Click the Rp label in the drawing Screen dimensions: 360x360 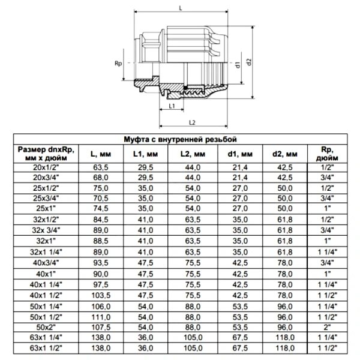point(118,63)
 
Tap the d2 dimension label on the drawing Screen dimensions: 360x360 point(249,62)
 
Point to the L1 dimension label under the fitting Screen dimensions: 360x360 point(172,106)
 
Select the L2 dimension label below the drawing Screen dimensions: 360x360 point(192,122)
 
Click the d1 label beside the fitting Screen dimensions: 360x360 point(238,65)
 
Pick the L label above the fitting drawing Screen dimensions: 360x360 point(181,8)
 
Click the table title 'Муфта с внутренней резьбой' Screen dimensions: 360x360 point(180,139)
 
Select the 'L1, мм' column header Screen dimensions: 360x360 point(146,154)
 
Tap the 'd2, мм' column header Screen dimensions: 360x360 point(284,154)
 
